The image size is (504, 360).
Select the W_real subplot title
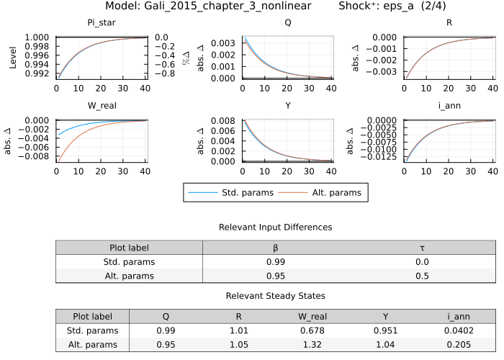click(102, 106)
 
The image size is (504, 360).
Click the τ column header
click(422, 248)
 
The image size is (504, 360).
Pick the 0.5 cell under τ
click(422, 275)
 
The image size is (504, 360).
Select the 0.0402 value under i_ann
click(459, 330)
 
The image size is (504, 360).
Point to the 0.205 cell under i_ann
click(459, 344)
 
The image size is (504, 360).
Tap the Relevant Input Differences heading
click(276, 227)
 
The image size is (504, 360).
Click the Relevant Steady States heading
click(276, 296)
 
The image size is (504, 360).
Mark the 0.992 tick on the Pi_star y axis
click(37, 73)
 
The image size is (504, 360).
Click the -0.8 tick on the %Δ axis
click(166, 73)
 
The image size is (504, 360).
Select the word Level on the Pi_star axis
click(13, 58)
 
